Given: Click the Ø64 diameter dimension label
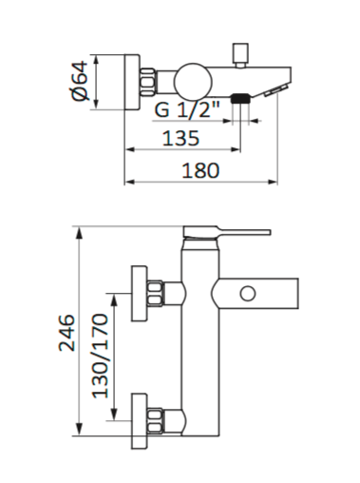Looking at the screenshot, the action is pos(80,81).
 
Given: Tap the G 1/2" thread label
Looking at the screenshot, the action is pos(187,109).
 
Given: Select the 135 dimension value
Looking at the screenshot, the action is pos(180,138).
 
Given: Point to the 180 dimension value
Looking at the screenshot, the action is pos(200,170).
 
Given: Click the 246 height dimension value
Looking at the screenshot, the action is pos(66,333).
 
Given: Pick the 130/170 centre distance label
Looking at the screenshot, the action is pos(101,356).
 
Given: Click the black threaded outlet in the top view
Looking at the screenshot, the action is pos(241,99).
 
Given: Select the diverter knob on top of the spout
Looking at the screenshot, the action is pos(241,55).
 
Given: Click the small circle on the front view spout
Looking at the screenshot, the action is pos(248,294).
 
